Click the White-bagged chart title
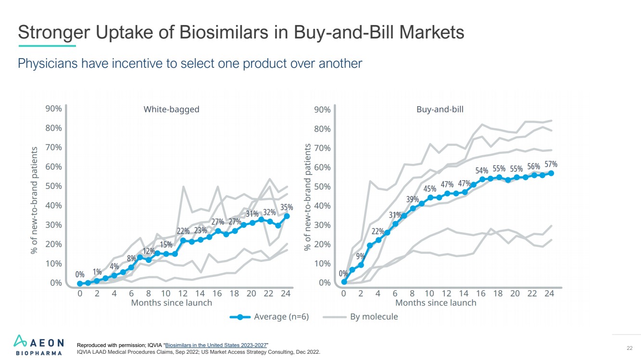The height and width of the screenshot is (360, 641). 171,109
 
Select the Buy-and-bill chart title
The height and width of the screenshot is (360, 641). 440,109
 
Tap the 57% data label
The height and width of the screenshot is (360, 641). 551,164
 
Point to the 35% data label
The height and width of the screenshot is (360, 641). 287,207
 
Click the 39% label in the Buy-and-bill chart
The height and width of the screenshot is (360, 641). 413,199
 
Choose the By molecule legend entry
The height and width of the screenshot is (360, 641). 374,317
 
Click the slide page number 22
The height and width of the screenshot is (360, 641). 629,348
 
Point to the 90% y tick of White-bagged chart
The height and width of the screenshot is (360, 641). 53,109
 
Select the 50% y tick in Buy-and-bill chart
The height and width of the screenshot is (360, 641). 322,186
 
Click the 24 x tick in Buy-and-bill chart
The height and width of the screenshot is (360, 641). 549,293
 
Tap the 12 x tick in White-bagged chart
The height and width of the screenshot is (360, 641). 183,293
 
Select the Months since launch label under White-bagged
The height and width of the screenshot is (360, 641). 172,303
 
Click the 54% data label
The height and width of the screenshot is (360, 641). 482,171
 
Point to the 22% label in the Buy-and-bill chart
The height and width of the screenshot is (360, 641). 378,231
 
